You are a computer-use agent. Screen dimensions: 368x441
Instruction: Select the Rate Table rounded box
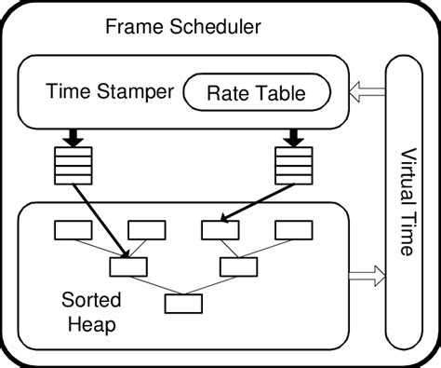[x=256, y=91]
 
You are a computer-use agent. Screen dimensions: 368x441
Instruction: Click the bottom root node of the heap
[x=182, y=303]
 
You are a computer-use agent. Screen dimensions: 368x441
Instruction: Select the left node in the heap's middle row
[x=128, y=266]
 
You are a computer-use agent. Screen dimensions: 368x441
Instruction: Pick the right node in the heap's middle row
[x=238, y=266]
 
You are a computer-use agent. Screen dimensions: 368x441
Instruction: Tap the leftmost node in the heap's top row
[x=72, y=228]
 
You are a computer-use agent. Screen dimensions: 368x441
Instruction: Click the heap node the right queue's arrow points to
[x=220, y=228]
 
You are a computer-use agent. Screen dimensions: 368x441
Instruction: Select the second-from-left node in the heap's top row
[x=146, y=228]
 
